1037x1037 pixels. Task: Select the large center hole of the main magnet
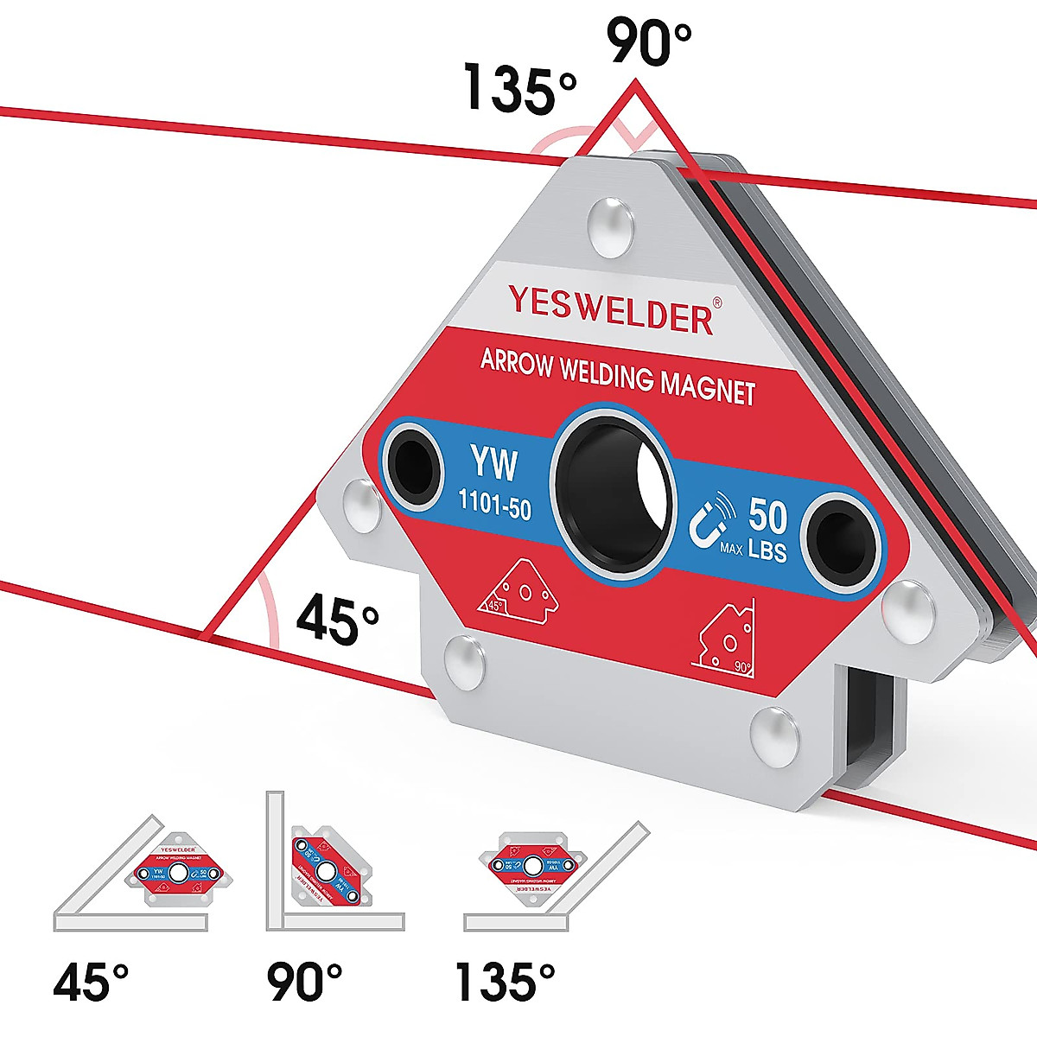tap(614, 490)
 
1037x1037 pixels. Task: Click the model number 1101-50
tap(494, 503)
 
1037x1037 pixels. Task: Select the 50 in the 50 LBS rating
tap(767, 516)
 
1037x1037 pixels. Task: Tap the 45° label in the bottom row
tap(91, 983)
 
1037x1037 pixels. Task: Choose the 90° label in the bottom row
tap(304, 983)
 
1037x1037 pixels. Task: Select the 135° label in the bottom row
tap(506, 983)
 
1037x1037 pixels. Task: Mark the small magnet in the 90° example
tap(325, 869)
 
